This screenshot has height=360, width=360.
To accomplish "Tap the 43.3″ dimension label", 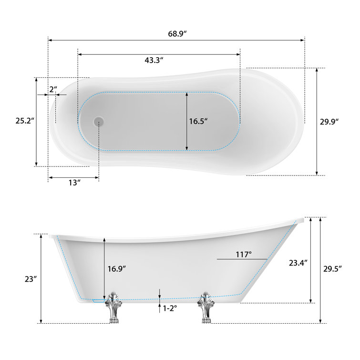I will click(x=154, y=60).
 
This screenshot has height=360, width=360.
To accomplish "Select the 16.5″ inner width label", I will click(x=199, y=121).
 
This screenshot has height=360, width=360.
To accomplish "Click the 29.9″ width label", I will click(x=329, y=121).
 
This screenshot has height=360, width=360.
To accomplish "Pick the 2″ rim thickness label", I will click(x=52, y=89).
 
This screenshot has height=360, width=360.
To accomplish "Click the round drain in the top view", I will click(x=99, y=122).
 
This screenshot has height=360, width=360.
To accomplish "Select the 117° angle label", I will click(x=243, y=255).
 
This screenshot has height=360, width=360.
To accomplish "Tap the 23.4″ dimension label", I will click(x=298, y=262).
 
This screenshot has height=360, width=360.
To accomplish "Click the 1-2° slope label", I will click(x=170, y=309).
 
